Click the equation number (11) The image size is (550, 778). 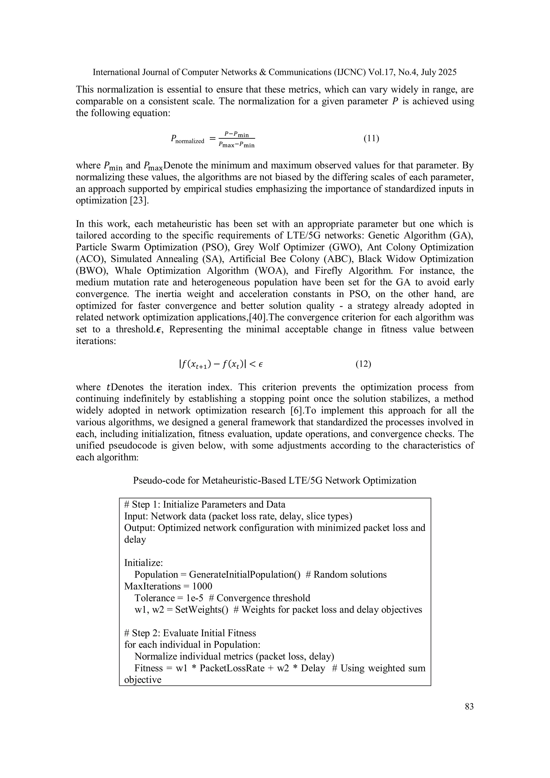click(x=371, y=139)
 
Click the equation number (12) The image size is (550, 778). click(x=363, y=364)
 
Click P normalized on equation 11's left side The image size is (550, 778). click(x=187, y=139)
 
